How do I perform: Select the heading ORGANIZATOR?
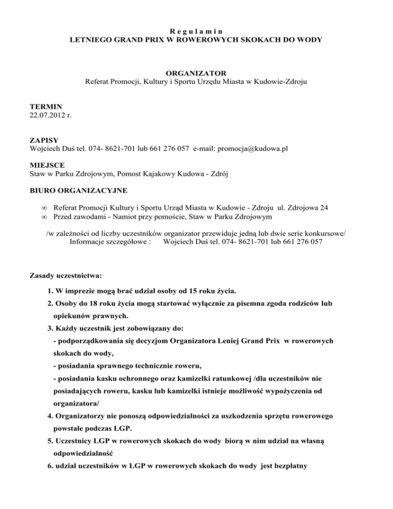coord(196,72)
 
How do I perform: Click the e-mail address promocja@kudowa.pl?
coord(252,149)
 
